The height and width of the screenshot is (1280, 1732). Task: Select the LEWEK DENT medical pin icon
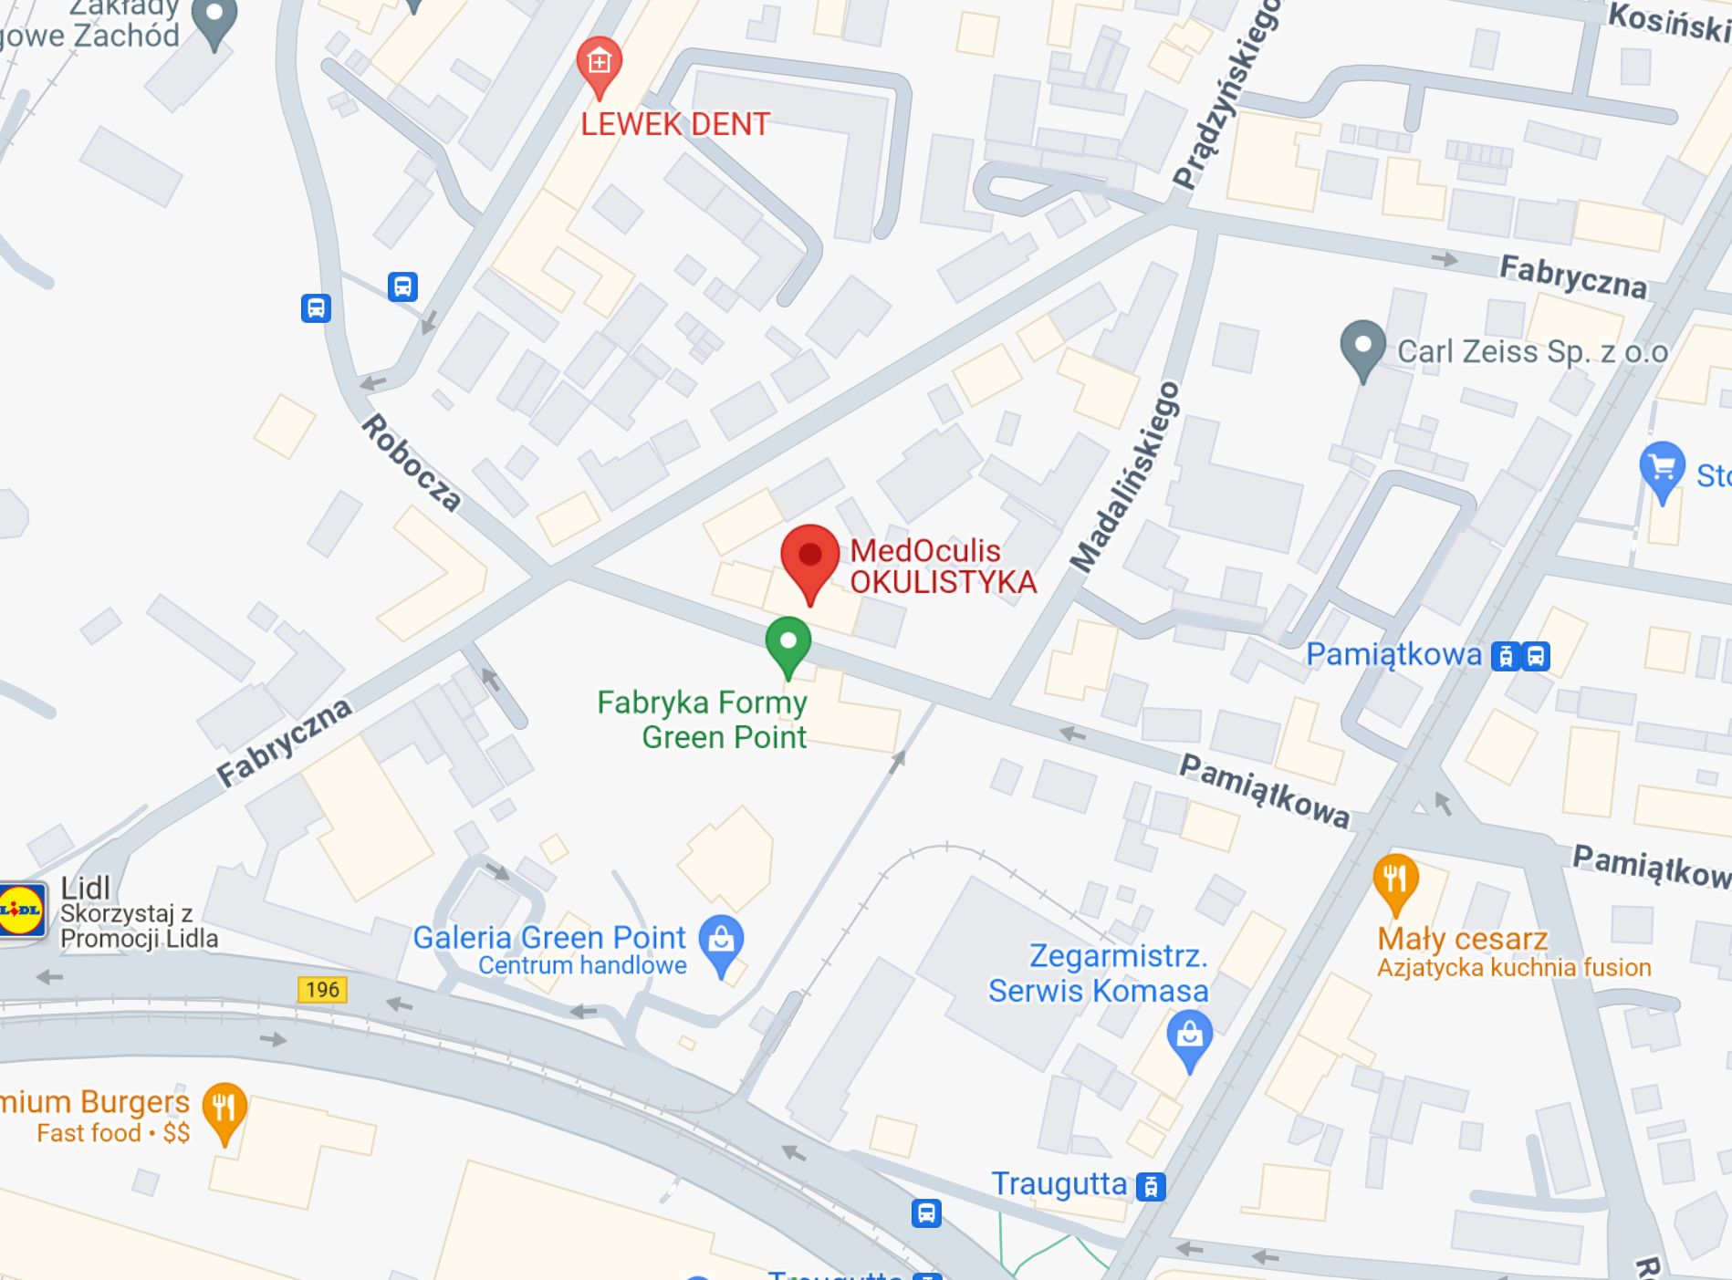pyautogui.click(x=600, y=63)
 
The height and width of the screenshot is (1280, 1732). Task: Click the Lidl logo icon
pyautogui.click(x=21, y=910)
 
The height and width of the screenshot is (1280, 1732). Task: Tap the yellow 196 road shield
pyautogui.click(x=322, y=990)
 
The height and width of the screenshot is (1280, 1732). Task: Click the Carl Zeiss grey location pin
pyautogui.click(x=1363, y=348)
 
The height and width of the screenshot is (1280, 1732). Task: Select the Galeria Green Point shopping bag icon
pyautogui.click(x=721, y=940)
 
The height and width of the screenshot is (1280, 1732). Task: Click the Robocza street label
pyautogui.click(x=411, y=463)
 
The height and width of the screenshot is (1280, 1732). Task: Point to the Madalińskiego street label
pyautogui.click(x=1126, y=477)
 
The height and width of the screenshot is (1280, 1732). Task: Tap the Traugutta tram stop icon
pyautogui.click(x=1152, y=1187)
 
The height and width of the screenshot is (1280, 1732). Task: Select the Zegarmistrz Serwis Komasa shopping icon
pyautogui.click(x=1189, y=1035)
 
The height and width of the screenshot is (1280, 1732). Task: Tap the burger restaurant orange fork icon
pyautogui.click(x=224, y=1108)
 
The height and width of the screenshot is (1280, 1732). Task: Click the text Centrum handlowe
pyautogui.click(x=582, y=966)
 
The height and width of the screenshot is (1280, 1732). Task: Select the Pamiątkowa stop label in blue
pyautogui.click(x=1393, y=654)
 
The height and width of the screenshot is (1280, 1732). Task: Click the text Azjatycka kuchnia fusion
pyautogui.click(x=1513, y=968)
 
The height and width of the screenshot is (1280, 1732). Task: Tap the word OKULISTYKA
pyautogui.click(x=943, y=582)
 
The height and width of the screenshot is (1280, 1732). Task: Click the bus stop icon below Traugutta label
pyautogui.click(x=926, y=1213)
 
